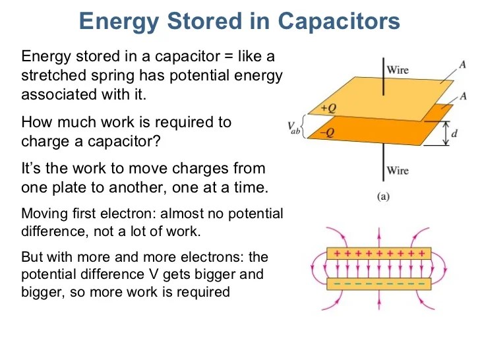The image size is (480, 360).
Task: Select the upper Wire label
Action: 398,70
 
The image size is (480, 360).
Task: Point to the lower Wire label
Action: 398,171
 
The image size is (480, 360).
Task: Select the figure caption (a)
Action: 382,196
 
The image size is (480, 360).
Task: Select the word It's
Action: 32,169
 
